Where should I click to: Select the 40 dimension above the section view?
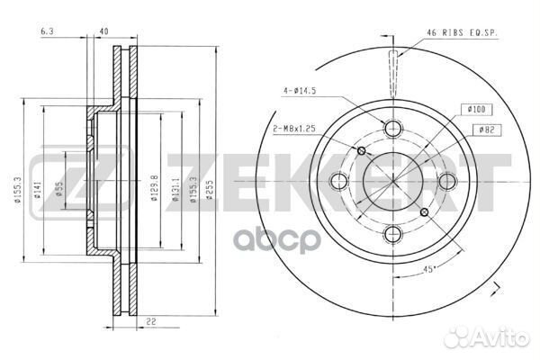click(104, 32)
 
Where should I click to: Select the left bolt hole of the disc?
click(340, 181)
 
